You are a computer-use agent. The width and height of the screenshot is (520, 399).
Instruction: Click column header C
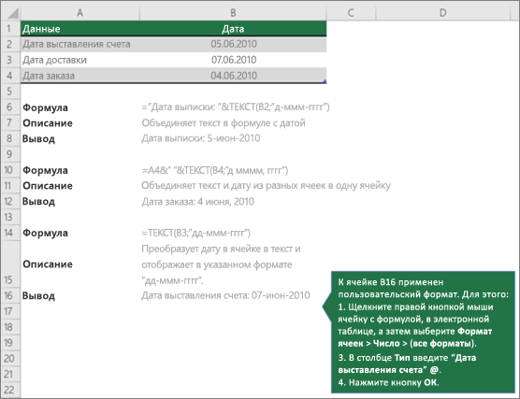[351, 12]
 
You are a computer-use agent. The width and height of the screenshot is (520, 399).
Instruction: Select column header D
[442, 12]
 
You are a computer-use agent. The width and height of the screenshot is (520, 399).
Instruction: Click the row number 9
[9, 154]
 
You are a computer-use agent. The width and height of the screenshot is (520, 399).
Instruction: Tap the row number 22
[9, 390]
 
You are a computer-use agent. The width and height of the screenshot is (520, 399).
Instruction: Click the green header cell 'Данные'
[79, 28]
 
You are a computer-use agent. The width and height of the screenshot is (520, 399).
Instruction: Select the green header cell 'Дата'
[233, 28]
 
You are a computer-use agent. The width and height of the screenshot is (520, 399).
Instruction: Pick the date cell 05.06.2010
[234, 44]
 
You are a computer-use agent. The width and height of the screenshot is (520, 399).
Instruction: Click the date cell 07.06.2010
[234, 60]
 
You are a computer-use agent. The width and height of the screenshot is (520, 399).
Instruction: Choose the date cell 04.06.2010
[234, 76]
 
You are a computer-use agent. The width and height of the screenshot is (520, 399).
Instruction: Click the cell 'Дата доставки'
[55, 60]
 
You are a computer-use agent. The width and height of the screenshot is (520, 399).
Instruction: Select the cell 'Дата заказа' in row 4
[49, 76]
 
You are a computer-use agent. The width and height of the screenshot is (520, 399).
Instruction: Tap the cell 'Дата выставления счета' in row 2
[77, 44]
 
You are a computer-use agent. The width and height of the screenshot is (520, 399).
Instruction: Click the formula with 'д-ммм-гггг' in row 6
[236, 107]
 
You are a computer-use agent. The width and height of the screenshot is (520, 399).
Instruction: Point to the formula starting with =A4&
[215, 170]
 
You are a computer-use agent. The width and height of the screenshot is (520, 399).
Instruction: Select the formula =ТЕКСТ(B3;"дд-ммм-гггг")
[196, 233]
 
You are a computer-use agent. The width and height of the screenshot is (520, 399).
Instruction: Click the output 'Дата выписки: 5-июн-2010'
[201, 138]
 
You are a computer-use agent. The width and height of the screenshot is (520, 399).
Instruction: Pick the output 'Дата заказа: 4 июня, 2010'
[197, 202]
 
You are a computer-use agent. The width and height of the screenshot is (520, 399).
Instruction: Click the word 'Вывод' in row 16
[38, 296]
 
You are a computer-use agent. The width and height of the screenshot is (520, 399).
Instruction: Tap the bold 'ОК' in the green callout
[431, 382]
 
